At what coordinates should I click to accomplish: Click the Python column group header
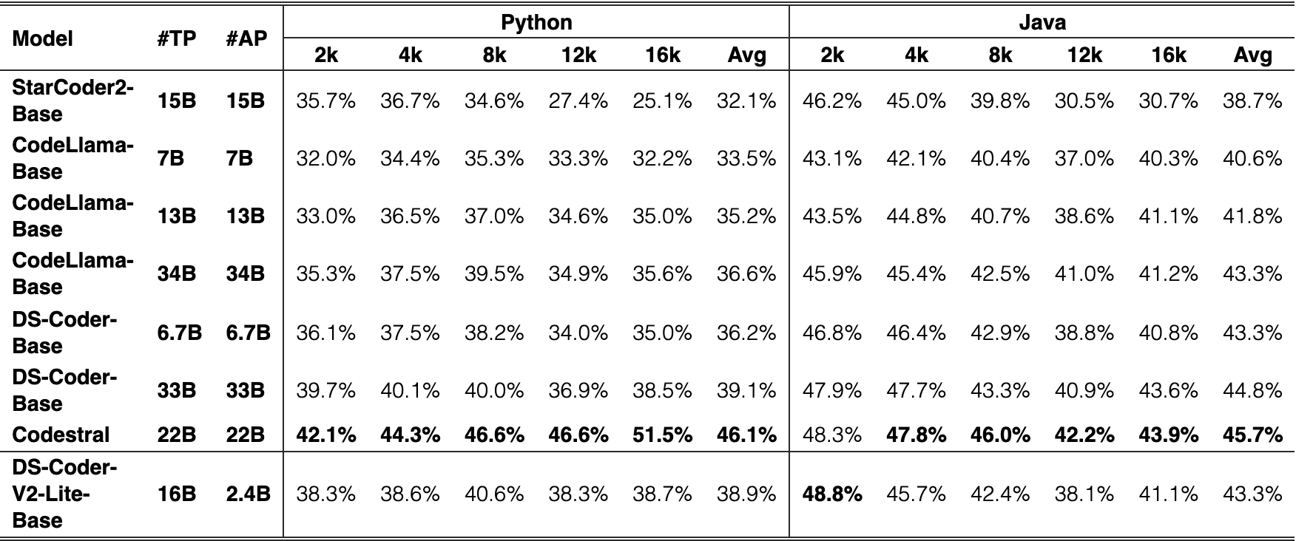[x=536, y=23]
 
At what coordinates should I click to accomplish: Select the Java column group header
[x=1042, y=23]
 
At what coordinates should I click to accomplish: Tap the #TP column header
[x=177, y=38]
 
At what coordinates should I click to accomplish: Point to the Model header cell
[x=43, y=38]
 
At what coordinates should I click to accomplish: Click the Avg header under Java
[x=1252, y=55]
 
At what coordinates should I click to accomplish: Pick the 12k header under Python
[x=578, y=55]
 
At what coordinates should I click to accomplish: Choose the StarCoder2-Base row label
[x=72, y=101]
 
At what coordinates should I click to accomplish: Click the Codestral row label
[x=61, y=435]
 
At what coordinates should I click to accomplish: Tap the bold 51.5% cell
[x=662, y=435]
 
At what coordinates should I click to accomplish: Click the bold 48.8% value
[x=832, y=494]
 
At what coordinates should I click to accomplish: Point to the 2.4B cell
[x=248, y=494]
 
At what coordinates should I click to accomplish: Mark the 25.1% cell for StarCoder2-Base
[x=662, y=101]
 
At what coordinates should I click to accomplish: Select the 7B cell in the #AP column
[x=240, y=158]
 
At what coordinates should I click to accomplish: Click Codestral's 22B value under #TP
[x=177, y=435]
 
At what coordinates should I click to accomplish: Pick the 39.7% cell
[x=325, y=390]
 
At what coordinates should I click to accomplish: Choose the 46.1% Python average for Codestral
[x=746, y=435]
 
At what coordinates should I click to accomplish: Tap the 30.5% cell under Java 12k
[x=1084, y=101]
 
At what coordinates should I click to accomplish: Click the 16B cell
[x=177, y=494]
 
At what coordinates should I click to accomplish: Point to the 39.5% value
[x=494, y=273]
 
